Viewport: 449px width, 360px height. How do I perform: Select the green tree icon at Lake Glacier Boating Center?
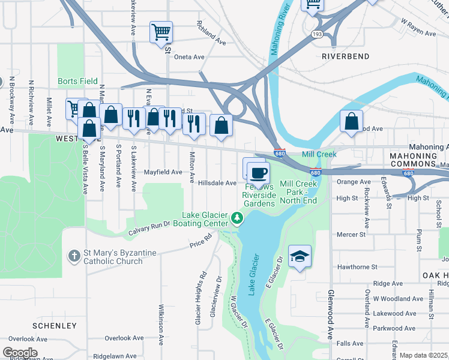coord(238,218)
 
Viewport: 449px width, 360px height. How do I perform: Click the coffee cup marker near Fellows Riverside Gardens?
coord(258,173)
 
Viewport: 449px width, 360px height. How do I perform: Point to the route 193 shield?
coord(316,35)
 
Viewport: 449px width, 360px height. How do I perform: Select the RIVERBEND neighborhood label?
coord(346,56)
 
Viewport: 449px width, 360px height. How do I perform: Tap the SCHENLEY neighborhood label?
coord(55,326)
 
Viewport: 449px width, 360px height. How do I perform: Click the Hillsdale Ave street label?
coord(217,183)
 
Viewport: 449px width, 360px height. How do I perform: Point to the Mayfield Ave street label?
coord(163,172)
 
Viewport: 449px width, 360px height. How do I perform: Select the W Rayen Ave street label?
coord(418,28)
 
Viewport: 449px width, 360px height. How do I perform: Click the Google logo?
coord(20,353)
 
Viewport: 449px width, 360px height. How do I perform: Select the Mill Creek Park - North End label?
coord(298,192)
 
